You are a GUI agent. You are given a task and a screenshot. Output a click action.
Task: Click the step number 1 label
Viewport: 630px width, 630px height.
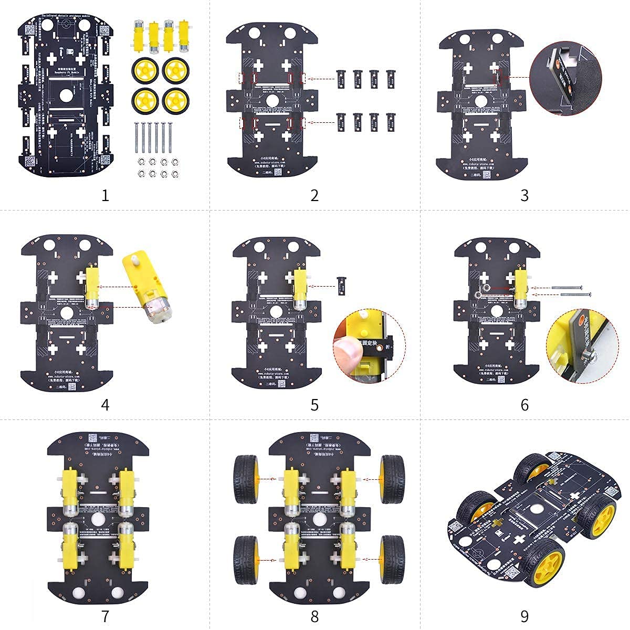(x=105, y=195)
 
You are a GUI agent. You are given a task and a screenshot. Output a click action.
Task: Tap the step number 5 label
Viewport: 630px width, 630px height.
(x=314, y=405)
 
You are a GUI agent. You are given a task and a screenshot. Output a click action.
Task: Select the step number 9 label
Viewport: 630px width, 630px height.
(x=524, y=615)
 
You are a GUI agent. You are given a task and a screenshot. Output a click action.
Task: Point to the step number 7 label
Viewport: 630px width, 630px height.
(x=105, y=615)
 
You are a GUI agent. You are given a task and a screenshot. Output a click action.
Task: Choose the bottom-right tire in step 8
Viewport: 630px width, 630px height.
(x=392, y=558)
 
